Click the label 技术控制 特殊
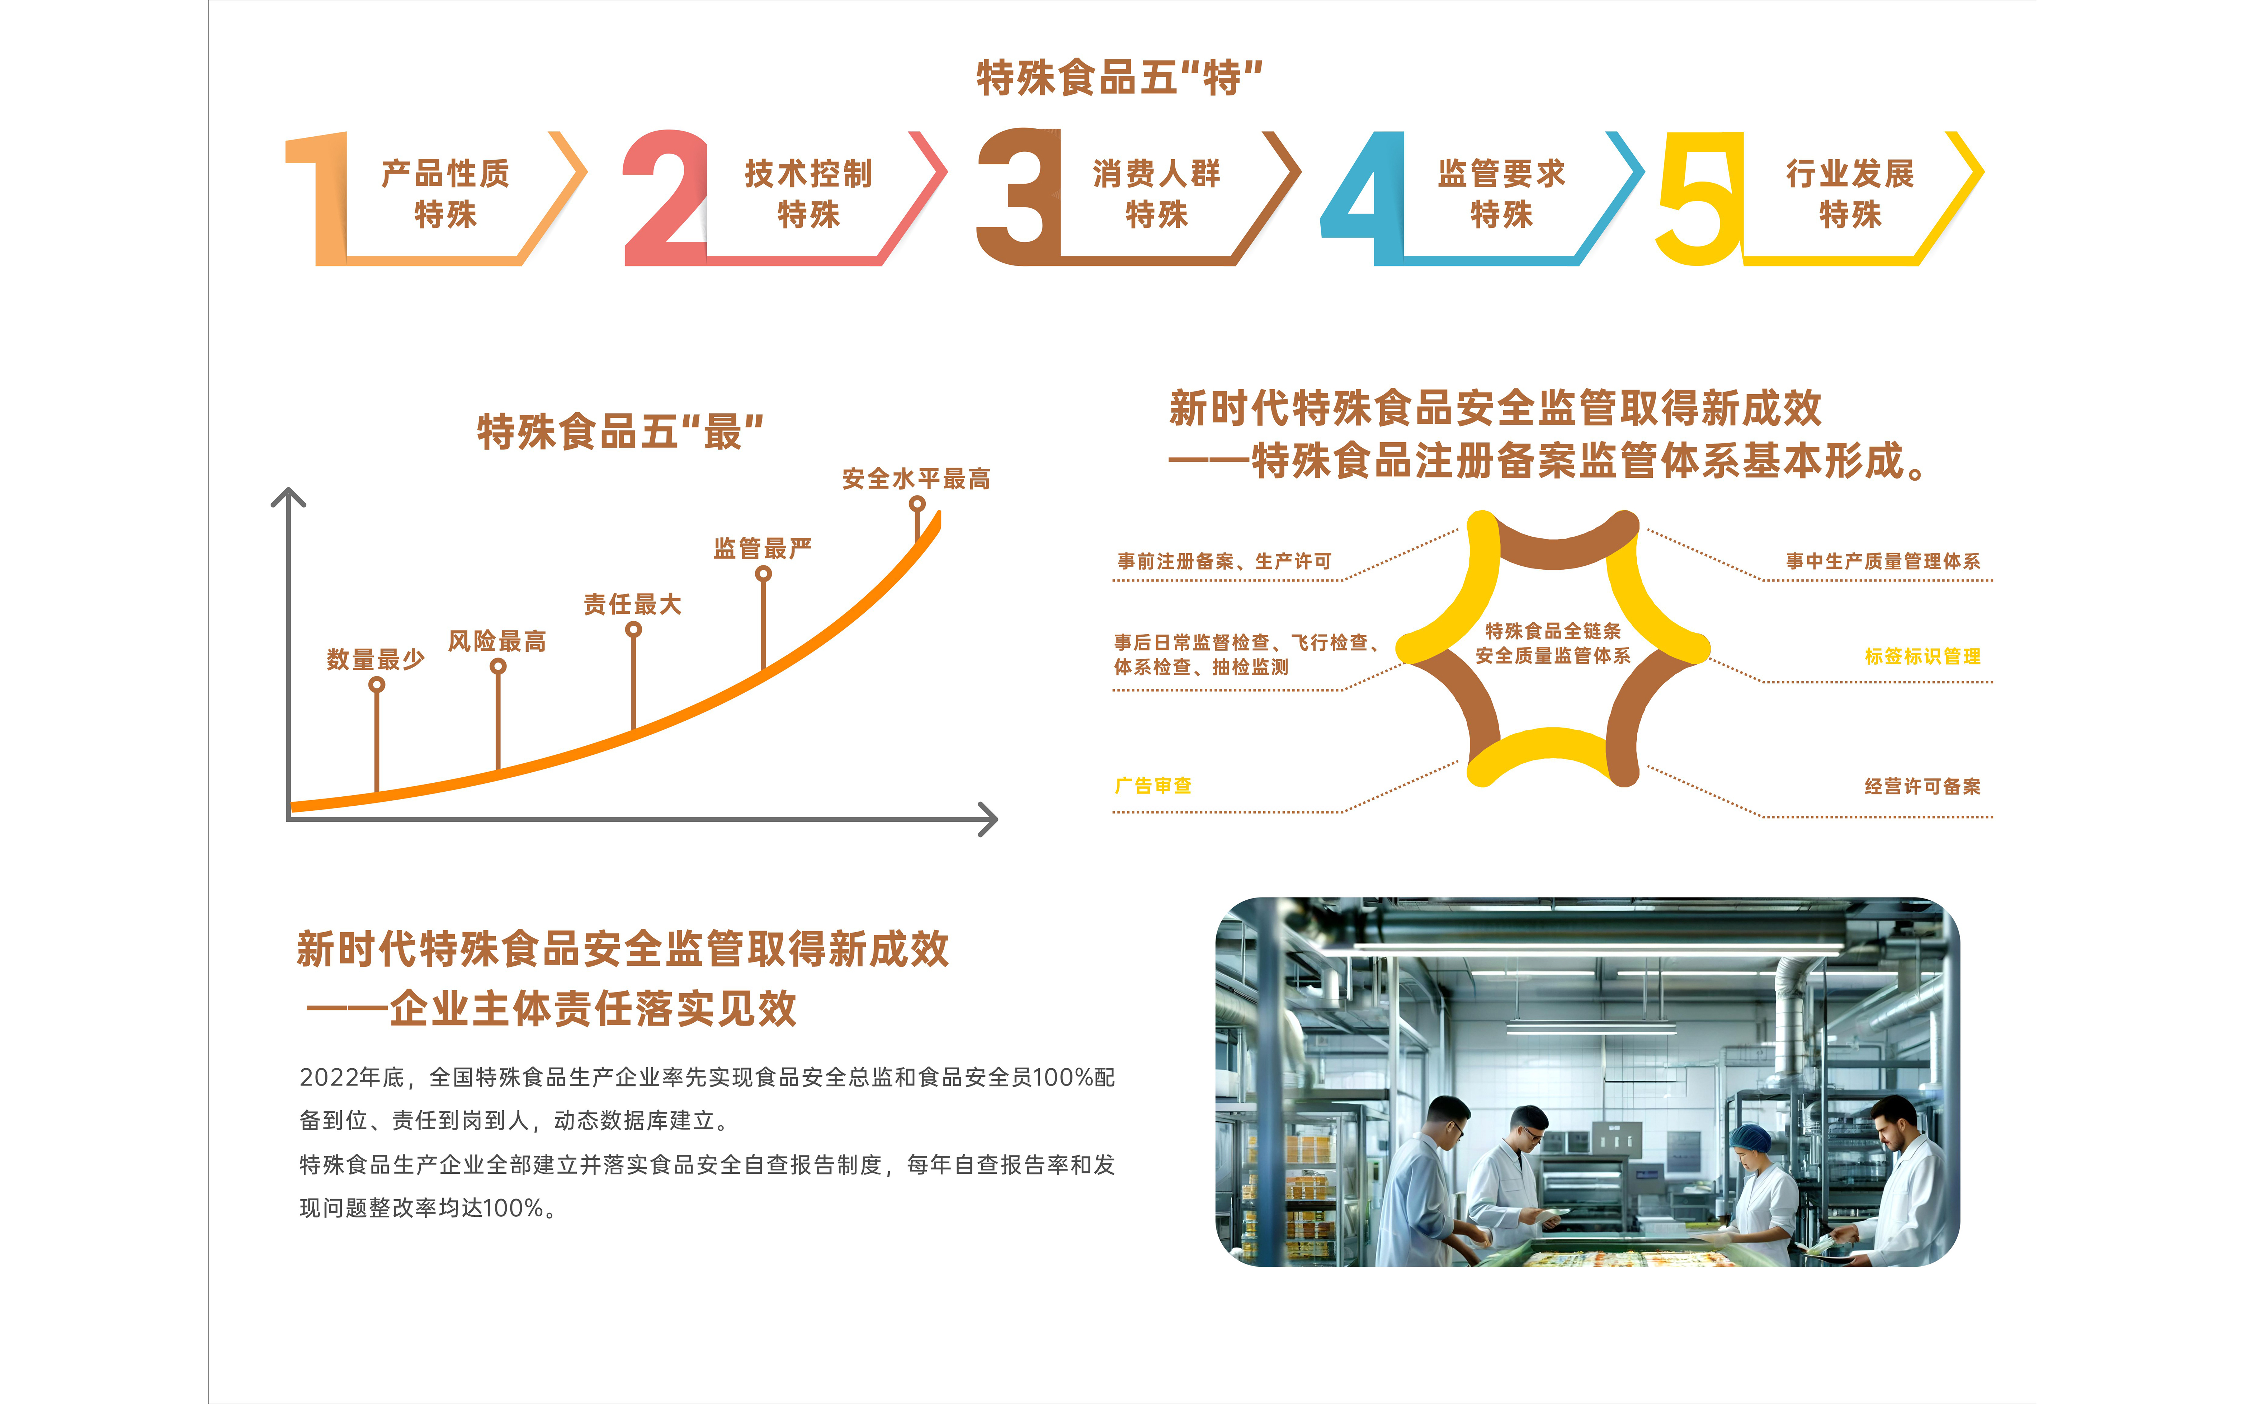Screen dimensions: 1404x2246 pyautogui.click(x=808, y=193)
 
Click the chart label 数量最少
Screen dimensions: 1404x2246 pyautogui.click(x=375, y=659)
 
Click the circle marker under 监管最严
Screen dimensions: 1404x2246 pyautogui.click(x=763, y=574)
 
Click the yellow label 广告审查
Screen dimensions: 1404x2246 pyautogui.click(x=1153, y=786)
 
